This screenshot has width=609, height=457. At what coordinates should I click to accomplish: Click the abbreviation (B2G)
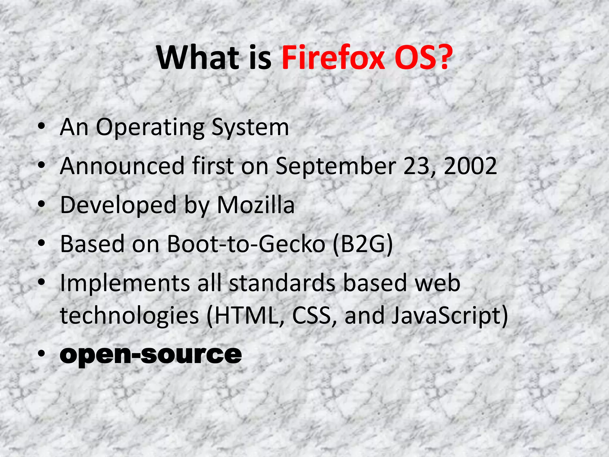tap(363, 244)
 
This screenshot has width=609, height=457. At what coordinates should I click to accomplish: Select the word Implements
tap(125, 283)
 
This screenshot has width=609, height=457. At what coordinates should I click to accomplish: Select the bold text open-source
tap(151, 355)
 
